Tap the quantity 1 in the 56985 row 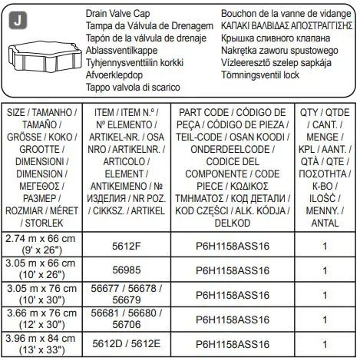(325, 270)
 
